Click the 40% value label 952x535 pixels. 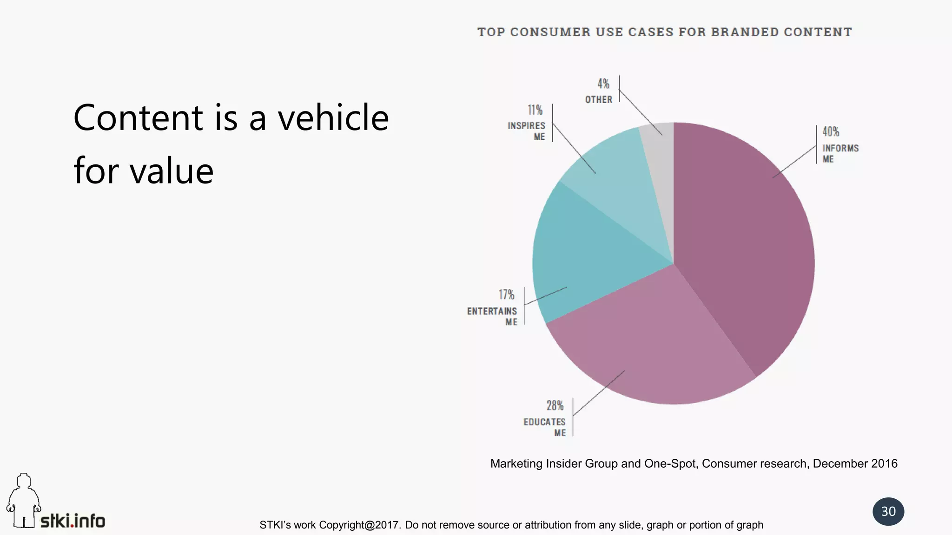coord(831,132)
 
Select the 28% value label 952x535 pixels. coord(555,406)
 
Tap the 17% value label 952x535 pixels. coord(507,295)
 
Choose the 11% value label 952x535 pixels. coord(535,110)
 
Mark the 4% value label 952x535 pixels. coord(603,84)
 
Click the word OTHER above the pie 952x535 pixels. coord(599,100)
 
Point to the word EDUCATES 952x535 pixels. coord(544,422)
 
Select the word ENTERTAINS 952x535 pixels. coord(492,311)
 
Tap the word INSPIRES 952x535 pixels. coord(526,126)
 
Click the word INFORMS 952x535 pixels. coord(840,149)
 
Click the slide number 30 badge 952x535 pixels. coord(888,511)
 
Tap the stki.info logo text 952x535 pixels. coord(73,521)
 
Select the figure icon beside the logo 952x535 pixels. coord(23,501)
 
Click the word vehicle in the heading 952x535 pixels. coord(333,117)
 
